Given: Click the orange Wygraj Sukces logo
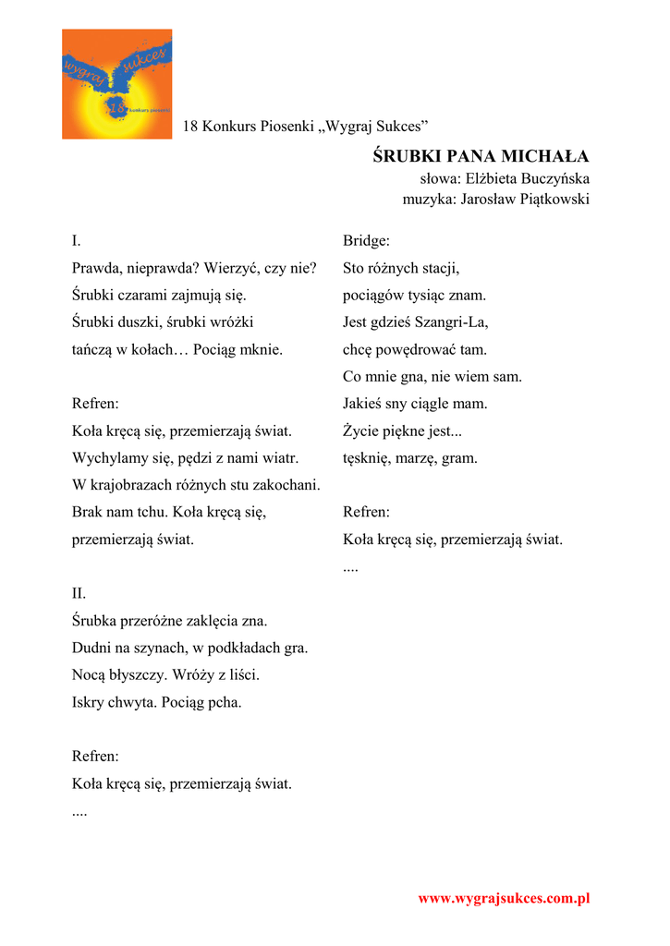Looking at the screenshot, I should coord(116,84).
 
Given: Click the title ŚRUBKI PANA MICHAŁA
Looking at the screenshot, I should coord(481,156).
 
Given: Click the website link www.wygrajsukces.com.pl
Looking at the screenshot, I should coord(504,898).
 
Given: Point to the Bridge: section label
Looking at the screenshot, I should coord(366,241).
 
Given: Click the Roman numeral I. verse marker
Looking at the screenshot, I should coord(77,241).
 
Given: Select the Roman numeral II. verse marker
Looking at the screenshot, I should coord(79,593).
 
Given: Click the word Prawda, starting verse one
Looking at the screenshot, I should coord(97,269).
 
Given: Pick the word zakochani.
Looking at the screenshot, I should coord(289,484).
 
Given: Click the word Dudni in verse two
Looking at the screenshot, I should coord(91,648).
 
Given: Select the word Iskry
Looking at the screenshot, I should coord(89,702).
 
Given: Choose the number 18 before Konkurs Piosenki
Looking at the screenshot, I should coord(190,126).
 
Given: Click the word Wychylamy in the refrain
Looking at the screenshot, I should coord(105,457).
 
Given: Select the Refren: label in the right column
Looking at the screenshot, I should coord(366,512).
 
